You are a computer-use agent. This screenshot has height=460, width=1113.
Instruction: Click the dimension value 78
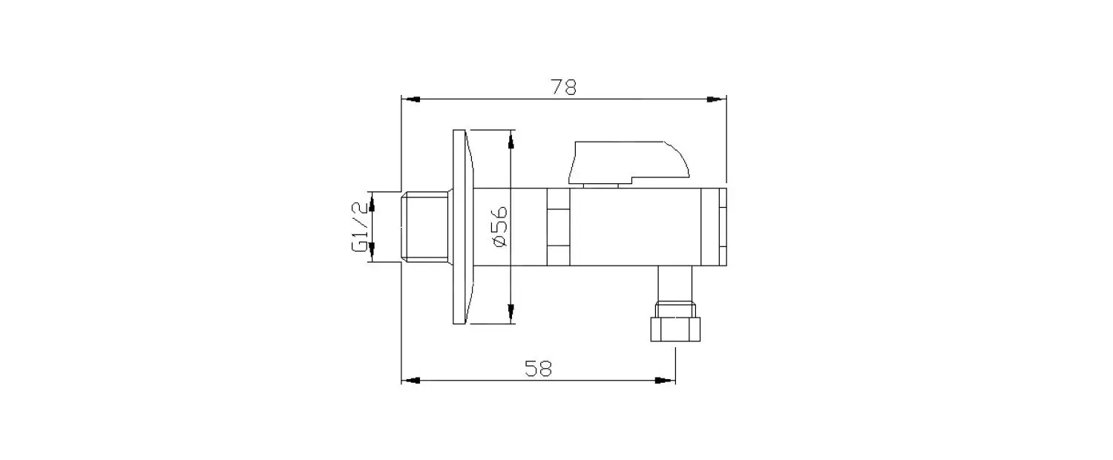563,87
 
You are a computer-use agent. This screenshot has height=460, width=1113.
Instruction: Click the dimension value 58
538,369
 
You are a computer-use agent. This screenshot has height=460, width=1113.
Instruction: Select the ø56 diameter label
499,227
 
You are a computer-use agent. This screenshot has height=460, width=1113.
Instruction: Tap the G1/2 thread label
360,226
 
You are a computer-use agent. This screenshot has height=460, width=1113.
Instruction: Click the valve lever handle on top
629,162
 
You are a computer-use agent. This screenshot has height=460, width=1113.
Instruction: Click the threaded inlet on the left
424,226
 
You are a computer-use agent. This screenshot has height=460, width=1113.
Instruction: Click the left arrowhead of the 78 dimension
411,99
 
